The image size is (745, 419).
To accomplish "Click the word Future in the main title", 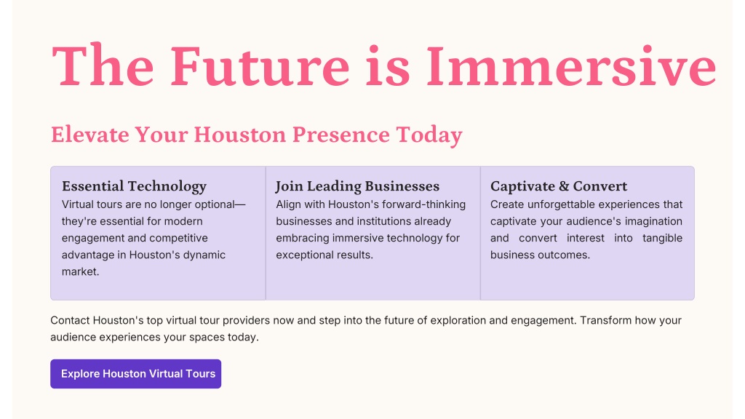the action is tap(260, 65).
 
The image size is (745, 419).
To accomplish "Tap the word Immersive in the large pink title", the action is tap(571, 65).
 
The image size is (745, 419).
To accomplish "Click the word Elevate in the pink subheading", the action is tap(89, 135).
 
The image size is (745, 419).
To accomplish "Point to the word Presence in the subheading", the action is tap(340, 135).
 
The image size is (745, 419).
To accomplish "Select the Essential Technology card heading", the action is tap(134, 186).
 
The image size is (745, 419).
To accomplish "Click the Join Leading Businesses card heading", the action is tap(358, 186).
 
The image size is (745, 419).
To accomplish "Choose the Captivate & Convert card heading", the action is tap(559, 185).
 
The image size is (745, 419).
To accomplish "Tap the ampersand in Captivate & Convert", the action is tap(564, 185).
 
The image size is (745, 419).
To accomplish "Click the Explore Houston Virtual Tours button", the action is tap(136, 374).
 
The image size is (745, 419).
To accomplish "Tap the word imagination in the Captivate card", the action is tap(653, 221).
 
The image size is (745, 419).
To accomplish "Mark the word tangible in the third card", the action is tap(662, 238).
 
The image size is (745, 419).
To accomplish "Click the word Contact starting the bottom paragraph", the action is tap(70, 320).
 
